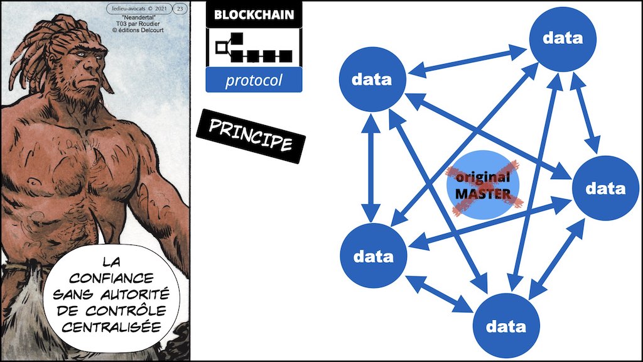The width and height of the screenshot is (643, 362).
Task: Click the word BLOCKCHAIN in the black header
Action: [254, 14]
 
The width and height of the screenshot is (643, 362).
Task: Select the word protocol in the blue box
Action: [254, 80]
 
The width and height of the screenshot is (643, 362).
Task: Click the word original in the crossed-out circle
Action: [483, 177]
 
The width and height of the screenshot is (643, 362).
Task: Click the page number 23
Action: [180, 8]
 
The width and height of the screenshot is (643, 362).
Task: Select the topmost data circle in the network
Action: [563, 38]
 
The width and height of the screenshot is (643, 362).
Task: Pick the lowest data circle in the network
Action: [506, 326]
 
